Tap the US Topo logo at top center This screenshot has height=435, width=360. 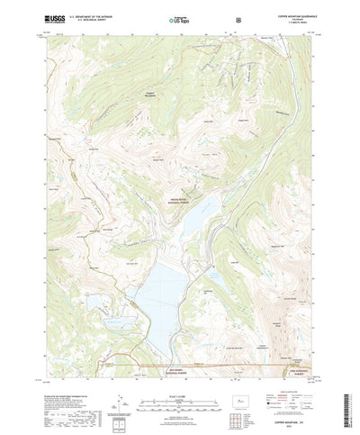[177, 18]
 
